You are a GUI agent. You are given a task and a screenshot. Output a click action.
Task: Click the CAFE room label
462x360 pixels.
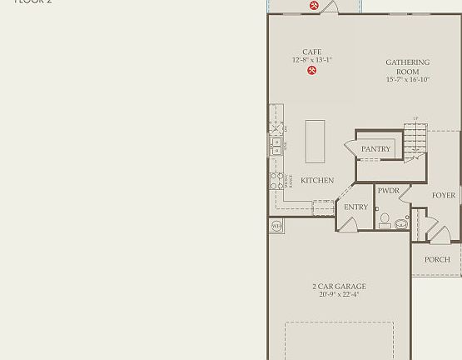click(312, 52)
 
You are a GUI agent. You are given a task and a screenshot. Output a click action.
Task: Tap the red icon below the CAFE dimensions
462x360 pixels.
click(312, 71)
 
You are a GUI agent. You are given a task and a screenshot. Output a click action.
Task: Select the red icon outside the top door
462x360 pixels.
click(314, 6)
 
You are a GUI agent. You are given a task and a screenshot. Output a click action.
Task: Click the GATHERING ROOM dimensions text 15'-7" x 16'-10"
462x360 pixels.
click(407, 80)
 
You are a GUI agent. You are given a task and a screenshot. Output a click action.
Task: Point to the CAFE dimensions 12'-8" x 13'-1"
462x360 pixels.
click(312, 60)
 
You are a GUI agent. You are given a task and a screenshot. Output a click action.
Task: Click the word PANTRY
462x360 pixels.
click(375, 149)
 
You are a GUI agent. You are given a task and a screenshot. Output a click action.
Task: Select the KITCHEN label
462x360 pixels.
click(317, 180)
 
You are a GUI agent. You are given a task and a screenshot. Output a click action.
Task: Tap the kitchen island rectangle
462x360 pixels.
click(315, 141)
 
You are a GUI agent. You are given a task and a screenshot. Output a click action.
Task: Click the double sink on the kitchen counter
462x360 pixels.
click(276, 146)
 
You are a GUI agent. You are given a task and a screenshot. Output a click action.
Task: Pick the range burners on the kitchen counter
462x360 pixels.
click(276, 181)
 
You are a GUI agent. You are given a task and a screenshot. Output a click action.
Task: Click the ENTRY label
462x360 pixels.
click(355, 207)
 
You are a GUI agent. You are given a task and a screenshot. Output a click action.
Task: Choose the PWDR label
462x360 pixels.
click(388, 191)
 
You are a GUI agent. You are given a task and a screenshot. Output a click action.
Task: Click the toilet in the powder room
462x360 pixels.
click(384, 220)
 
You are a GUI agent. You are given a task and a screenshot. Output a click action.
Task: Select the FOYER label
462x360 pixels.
click(444, 195)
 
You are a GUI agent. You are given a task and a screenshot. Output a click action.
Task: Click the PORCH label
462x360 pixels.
click(437, 259)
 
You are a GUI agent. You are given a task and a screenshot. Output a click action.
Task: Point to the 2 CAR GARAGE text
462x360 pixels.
click(339, 286)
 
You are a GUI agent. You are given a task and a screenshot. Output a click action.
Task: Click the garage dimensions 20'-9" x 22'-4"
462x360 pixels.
click(339, 294)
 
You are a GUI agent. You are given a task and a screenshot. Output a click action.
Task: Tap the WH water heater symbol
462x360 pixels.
click(276, 225)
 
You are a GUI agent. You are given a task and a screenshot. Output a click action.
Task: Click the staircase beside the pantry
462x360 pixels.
click(415, 142)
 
